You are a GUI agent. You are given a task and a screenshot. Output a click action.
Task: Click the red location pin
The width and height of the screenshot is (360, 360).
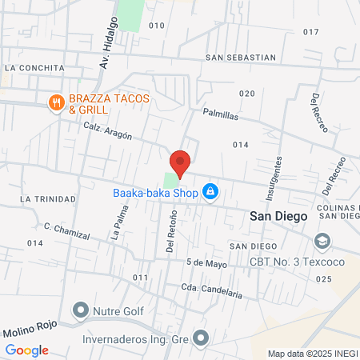click(180, 162)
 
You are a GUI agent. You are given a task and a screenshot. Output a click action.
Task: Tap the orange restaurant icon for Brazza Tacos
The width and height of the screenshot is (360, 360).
click(55, 102)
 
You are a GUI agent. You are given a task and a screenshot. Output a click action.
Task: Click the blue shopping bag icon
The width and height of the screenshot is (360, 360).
click(210, 192)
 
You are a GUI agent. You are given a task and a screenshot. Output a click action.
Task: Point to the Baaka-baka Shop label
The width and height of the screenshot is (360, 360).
click(154, 192)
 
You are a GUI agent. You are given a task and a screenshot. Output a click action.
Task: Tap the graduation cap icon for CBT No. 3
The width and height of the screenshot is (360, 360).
click(322, 241)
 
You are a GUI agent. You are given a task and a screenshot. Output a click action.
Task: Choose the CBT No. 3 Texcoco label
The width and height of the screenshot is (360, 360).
click(307, 262)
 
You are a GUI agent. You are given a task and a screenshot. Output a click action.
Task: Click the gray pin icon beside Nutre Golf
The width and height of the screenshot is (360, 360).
click(81, 309)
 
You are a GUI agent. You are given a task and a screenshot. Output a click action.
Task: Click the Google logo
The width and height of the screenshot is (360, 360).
click(26, 350)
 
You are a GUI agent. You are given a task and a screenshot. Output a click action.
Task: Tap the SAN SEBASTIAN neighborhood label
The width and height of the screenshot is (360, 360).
click(240, 58)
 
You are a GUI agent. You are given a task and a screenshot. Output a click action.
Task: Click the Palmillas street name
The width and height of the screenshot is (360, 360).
click(221, 115)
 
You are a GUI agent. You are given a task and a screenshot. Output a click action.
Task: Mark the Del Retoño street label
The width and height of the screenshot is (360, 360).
click(171, 230)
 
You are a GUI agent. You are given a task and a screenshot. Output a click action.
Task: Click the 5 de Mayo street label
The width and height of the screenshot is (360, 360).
click(207, 263)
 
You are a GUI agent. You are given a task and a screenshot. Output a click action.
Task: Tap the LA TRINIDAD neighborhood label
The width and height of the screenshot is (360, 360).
click(49, 198)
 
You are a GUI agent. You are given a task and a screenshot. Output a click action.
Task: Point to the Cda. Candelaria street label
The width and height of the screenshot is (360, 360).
click(212, 290)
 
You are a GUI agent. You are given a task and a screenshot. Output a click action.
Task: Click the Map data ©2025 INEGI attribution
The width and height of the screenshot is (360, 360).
click(313, 353)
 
